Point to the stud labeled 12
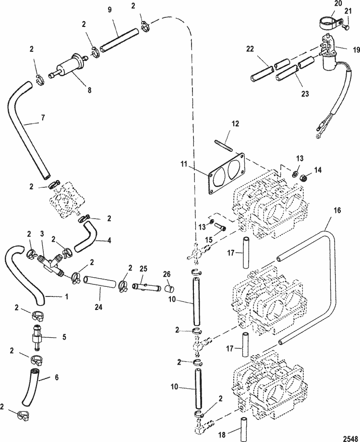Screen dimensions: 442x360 tap(225, 144)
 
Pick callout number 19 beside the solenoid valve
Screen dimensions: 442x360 tap(344, 49)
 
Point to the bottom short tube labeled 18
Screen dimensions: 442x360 tap(243, 424)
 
